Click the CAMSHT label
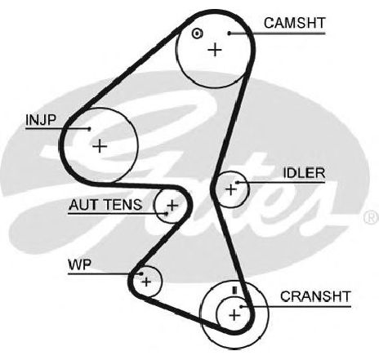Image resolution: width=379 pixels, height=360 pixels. pyautogui.click(x=295, y=23)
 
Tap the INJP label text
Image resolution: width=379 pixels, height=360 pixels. pyautogui.click(x=41, y=120)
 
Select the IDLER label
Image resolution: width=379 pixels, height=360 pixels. pyautogui.click(x=304, y=173)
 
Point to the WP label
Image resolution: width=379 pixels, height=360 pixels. pyautogui.click(x=79, y=264)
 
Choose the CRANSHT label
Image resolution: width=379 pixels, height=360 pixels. pyautogui.click(x=315, y=296)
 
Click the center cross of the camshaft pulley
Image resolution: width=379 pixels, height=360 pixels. pyautogui.click(x=215, y=50)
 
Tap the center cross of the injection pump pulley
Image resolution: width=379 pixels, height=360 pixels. pyautogui.click(x=100, y=146)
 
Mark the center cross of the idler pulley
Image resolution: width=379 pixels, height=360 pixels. pyautogui.click(x=231, y=189)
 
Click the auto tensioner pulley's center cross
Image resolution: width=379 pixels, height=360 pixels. pyautogui.click(x=172, y=205)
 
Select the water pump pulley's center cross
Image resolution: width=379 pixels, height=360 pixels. pyautogui.click(x=146, y=282)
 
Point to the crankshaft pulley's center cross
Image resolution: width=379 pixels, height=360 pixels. pyautogui.click(x=234, y=315)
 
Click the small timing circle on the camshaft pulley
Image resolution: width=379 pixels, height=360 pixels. pyautogui.click(x=197, y=33)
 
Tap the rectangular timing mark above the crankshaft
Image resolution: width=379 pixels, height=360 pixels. pyautogui.click(x=234, y=291)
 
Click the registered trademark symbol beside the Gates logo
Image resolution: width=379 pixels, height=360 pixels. pyautogui.click(x=372, y=217)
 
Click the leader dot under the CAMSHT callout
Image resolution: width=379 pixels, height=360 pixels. pyautogui.click(x=230, y=33)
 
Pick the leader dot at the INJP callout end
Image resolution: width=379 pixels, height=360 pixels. pyautogui.click(x=89, y=129)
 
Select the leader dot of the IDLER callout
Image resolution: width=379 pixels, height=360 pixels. pyautogui.click(x=237, y=182)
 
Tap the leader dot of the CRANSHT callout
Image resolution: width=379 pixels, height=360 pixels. pyautogui.click(x=241, y=307)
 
